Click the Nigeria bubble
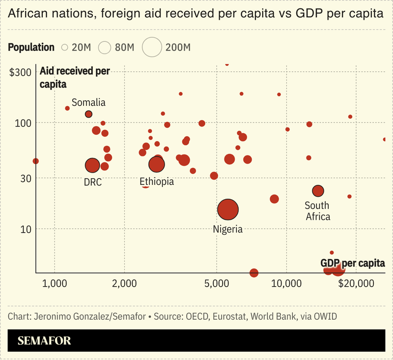227,210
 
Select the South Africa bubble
318,191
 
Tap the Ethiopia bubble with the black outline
157,164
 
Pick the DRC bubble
92,165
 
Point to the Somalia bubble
88,114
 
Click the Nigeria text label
227,229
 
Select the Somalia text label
88,102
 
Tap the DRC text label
92,182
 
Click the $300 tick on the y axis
21,72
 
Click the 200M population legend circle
152,48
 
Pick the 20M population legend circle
64,48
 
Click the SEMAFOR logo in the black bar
44,340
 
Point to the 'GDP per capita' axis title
352,264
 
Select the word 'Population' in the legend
31,48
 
